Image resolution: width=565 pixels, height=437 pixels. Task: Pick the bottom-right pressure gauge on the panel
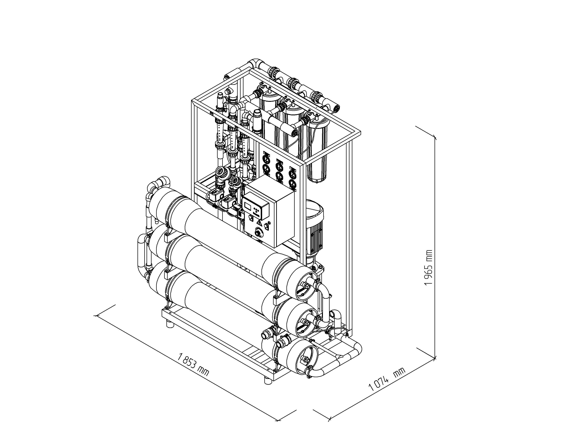pos(292,184)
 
